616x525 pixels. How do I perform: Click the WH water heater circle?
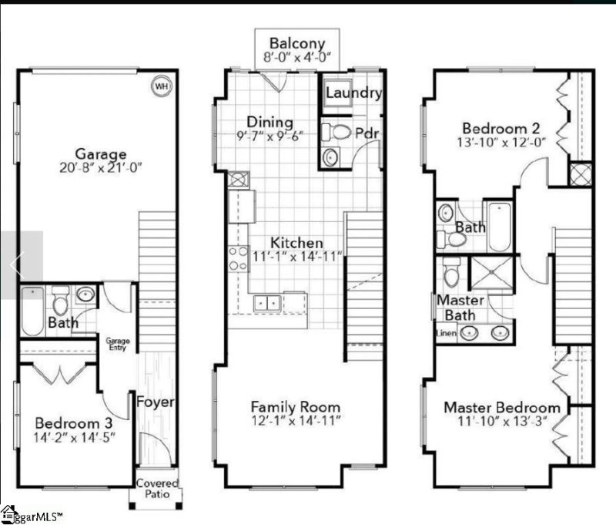(x=162, y=86)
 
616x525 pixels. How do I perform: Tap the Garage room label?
(x=101, y=153)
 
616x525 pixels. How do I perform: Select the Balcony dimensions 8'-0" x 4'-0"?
(x=296, y=57)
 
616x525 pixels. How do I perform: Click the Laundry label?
(x=353, y=93)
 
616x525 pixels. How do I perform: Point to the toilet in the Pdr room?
(x=336, y=132)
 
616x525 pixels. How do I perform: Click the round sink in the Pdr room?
(x=331, y=157)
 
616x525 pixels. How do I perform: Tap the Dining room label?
(x=269, y=123)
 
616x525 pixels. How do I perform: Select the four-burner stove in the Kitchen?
(x=239, y=258)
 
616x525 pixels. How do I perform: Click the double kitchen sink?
(x=267, y=303)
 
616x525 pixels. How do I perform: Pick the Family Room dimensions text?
(x=296, y=421)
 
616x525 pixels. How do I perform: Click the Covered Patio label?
(x=157, y=489)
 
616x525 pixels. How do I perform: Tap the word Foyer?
(x=156, y=402)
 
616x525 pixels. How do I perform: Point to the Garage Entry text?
(x=118, y=344)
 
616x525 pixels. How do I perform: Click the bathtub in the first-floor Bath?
(x=32, y=311)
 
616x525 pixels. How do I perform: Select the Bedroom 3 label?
(x=73, y=423)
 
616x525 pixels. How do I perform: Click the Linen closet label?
(x=447, y=334)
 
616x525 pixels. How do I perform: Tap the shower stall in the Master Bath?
(x=491, y=273)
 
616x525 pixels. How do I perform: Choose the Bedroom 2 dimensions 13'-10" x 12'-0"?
(x=501, y=142)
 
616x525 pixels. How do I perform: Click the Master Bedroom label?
(x=502, y=407)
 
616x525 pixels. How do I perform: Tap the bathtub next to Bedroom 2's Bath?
(x=500, y=227)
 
